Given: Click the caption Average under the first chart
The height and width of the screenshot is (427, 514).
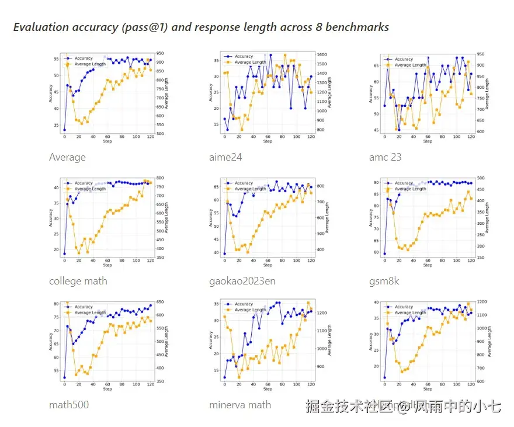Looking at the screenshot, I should (67, 157).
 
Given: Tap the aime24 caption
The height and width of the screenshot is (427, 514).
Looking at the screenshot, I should (225, 157).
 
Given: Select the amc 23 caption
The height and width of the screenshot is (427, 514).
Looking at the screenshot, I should (385, 157).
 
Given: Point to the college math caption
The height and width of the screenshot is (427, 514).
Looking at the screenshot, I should (78, 281).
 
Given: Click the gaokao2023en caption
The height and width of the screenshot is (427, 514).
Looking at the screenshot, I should (242, 281).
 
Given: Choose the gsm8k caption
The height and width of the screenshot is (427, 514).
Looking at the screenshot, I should (384, 281).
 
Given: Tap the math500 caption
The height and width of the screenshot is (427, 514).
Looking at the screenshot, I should (69, 404).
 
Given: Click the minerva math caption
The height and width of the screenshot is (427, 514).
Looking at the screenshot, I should (240, 404).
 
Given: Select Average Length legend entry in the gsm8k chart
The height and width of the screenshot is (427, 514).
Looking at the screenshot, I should (411, 189).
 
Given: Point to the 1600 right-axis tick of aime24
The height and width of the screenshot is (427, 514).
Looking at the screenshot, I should (322, 55).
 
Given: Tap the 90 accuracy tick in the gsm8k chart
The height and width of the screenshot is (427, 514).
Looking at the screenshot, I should (376, 183).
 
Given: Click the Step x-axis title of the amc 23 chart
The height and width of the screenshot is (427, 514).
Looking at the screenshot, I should (428, 141).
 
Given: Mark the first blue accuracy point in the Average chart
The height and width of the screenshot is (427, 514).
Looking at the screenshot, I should (64, 130).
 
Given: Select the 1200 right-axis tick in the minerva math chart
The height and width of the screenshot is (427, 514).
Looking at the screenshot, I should (322, 313).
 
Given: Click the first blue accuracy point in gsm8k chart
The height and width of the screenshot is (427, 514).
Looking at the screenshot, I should (384, 254).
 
